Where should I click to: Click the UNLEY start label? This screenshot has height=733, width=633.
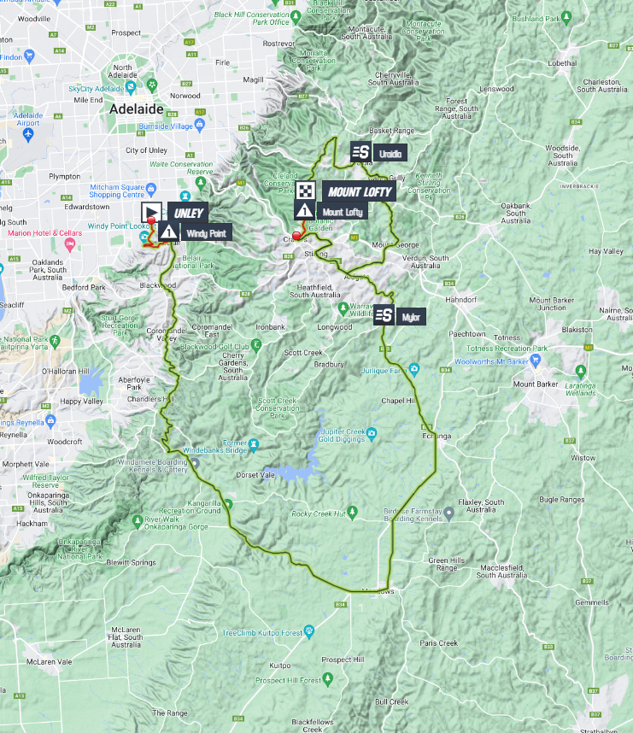[x=188, y=212]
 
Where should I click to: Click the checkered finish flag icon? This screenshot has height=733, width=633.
[x=307, y=191]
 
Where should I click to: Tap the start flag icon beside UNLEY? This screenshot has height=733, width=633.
[x=150, y=212]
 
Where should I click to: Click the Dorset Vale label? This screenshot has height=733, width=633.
[x=257, y=474]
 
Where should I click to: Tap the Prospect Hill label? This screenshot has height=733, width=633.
[x=343, y=660]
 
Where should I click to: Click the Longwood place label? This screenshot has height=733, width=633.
[x=335, y=327]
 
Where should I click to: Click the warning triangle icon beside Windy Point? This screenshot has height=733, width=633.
[x=168, y=232]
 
